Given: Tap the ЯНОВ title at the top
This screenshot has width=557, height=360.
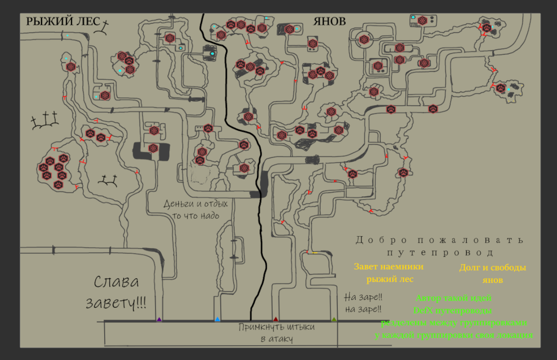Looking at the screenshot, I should [x=329, y=21].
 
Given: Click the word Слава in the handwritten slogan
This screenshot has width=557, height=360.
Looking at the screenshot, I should [x=117, y=283].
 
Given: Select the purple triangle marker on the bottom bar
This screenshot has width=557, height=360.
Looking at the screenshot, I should [x=159, y=319].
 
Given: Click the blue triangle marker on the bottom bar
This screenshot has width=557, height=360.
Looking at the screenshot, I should [x=218, y=319].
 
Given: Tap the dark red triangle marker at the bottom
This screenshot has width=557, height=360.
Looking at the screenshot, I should [x=276, y=319].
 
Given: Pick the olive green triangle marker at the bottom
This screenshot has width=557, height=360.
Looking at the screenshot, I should [x=334, y=319].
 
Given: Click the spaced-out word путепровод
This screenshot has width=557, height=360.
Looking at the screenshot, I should [x=440, y=253].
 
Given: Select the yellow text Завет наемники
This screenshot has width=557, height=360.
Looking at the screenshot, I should [x=389, y=267].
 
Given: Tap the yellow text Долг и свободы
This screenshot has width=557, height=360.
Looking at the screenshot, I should [x=492, y=268].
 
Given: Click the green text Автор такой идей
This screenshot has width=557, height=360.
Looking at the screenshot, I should [x=453, y=298].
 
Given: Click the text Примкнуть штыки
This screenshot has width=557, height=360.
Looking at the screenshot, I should [x=277, y=327].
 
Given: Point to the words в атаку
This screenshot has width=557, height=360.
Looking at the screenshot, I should [x=276, y=339].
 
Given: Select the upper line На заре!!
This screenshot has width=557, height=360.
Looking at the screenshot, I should [x=363, y=298].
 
